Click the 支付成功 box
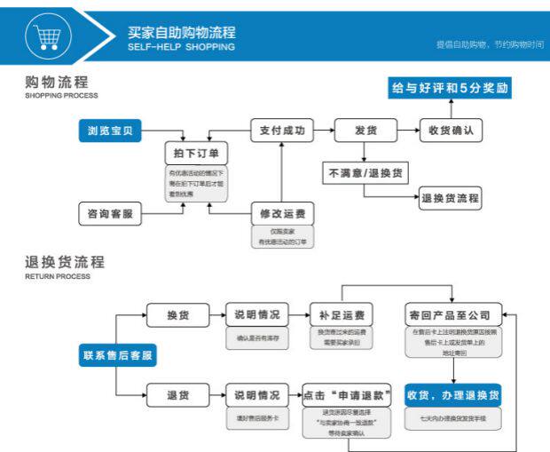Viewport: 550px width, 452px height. pyautogui.click(x=282, y=131)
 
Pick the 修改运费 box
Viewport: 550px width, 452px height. pyautogui.click(x=283, y=214)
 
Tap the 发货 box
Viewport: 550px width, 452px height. pyautogui.click(x=365, y=131)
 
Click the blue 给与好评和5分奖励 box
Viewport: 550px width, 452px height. pyautogui.click(x=452, y=88)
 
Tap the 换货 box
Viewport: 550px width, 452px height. pyautogui.click(x=177, y=316)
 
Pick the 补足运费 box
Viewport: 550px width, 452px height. pyautogui.click(x=342, y=316)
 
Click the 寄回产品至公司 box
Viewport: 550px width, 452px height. pyautogui.click(x=453, y=316)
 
